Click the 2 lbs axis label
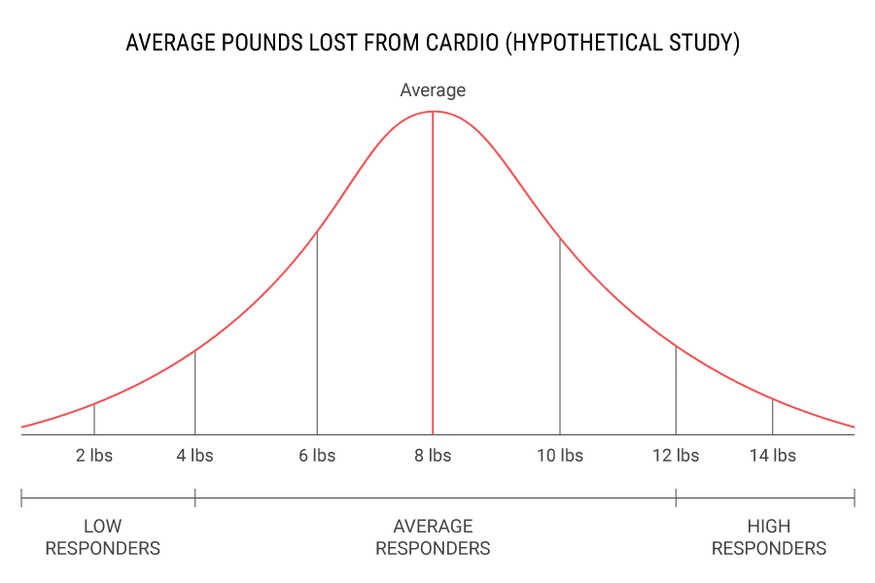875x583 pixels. click(x=94, y=456)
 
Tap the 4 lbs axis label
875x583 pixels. click(x=194, y=456)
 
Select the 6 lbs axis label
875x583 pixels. click(x=317, y=456)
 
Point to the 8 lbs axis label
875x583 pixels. click(x=433, y=456)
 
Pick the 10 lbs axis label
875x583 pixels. click(x=560, y=456)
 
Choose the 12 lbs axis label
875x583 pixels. click(x=676, y=456)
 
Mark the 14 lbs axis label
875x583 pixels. click(x=772, y=456)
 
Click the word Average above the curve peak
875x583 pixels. click(x=433, y=90)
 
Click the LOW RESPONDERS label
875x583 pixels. click(x=102, y=537)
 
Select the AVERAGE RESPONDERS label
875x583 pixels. click(x=433, y=537)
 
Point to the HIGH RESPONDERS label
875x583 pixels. click(x=768, y=537)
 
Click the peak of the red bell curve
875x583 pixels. click(x=433, y=112)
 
